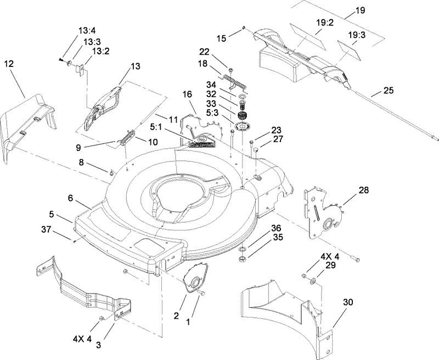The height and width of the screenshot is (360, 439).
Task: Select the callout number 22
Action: [204, 52]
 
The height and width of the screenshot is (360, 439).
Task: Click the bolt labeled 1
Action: [203, 295]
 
